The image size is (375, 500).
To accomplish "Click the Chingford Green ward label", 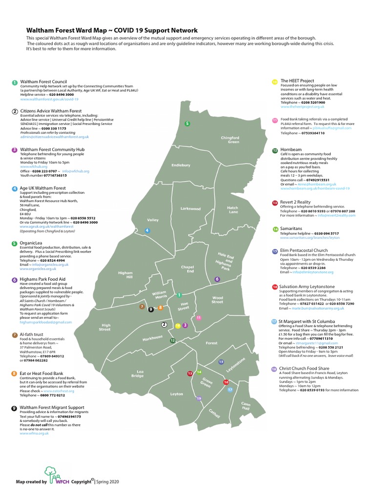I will coord(229,140).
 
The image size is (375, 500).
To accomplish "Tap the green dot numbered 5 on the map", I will coord(187,124).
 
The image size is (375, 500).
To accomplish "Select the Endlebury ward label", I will coord(181,165).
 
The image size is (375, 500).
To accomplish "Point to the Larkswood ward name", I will coord(190,208).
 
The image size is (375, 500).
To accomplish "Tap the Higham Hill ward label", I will coord(125,275).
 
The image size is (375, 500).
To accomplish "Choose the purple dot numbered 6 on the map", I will coord(217,279).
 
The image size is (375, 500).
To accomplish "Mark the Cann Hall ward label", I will coord(245,406).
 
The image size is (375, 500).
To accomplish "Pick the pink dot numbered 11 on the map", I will coord(199,318).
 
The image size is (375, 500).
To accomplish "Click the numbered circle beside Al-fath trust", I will coord(14,335).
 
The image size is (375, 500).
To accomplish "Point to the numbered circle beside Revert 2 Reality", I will coord(275,202).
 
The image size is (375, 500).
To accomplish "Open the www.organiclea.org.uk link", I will coord(37,269).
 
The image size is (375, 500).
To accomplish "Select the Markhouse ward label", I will coord(153,338).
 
